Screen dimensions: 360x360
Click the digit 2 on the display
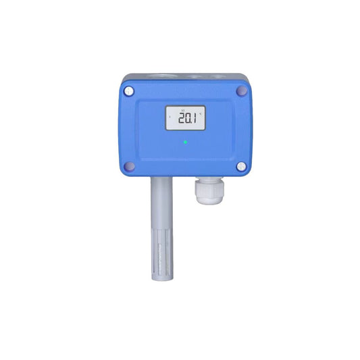[176, 120]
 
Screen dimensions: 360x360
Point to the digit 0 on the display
[185, 120]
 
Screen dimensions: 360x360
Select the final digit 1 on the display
[195, 120]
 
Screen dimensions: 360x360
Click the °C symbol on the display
[201, 113]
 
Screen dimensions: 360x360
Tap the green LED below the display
[185, 143]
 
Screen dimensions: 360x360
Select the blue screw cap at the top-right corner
[241, 90]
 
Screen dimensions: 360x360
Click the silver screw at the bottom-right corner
[241, 165]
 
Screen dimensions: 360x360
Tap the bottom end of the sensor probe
[161, 278]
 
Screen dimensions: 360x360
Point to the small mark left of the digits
[170, 120]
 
